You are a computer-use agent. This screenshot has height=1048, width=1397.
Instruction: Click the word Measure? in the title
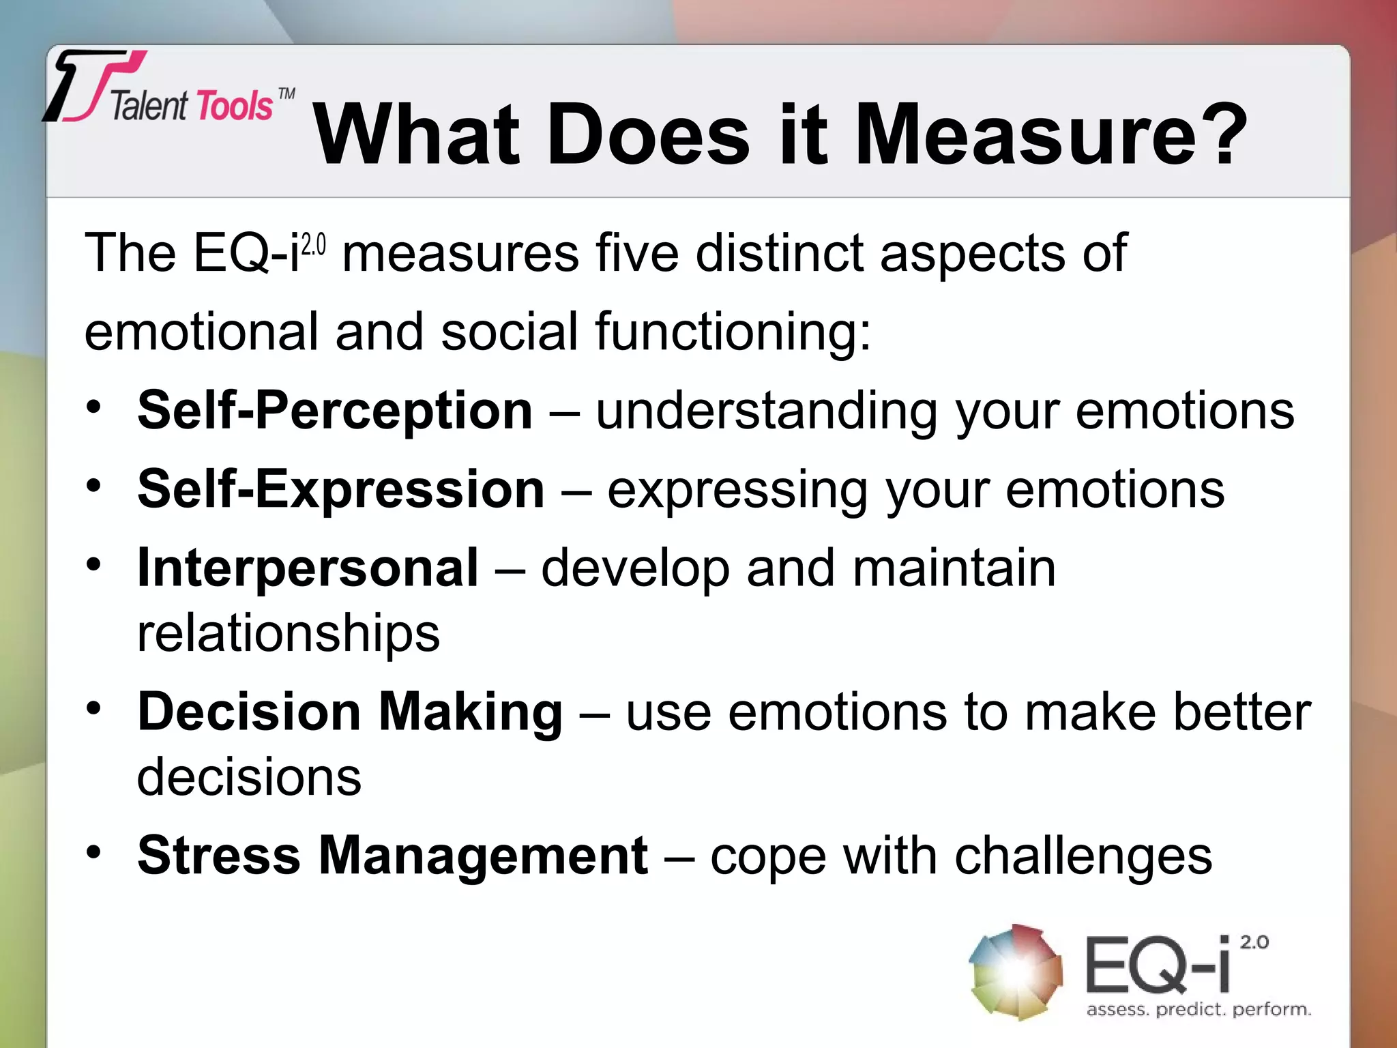coord(1050,134)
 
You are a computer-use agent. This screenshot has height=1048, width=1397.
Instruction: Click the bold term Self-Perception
coord(334,411)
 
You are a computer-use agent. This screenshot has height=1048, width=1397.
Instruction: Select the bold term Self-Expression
coord(340,490)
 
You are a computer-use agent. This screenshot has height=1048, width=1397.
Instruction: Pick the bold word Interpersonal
coord(308,568)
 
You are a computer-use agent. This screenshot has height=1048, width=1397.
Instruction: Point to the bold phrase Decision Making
coord(350,712)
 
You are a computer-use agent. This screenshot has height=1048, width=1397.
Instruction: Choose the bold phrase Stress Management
coord(392,856)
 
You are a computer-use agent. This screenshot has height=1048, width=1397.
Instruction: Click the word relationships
coord(289,633)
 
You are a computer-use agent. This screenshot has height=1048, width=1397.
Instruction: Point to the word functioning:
coord(733,332)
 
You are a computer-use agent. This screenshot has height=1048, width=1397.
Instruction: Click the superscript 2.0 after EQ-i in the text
coord(314,244)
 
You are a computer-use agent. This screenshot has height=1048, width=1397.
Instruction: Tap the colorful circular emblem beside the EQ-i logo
coord(1016,972)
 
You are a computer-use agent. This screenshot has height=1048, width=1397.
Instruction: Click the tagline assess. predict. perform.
coord(1199,1009)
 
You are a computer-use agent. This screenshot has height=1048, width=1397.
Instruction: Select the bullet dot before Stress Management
coord(94,851)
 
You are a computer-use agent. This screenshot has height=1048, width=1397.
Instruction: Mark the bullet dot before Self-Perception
coord(94,407)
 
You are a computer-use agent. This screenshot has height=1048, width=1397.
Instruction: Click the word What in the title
coord(416,134)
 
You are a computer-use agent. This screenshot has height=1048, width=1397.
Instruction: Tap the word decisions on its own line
coord(249,778)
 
